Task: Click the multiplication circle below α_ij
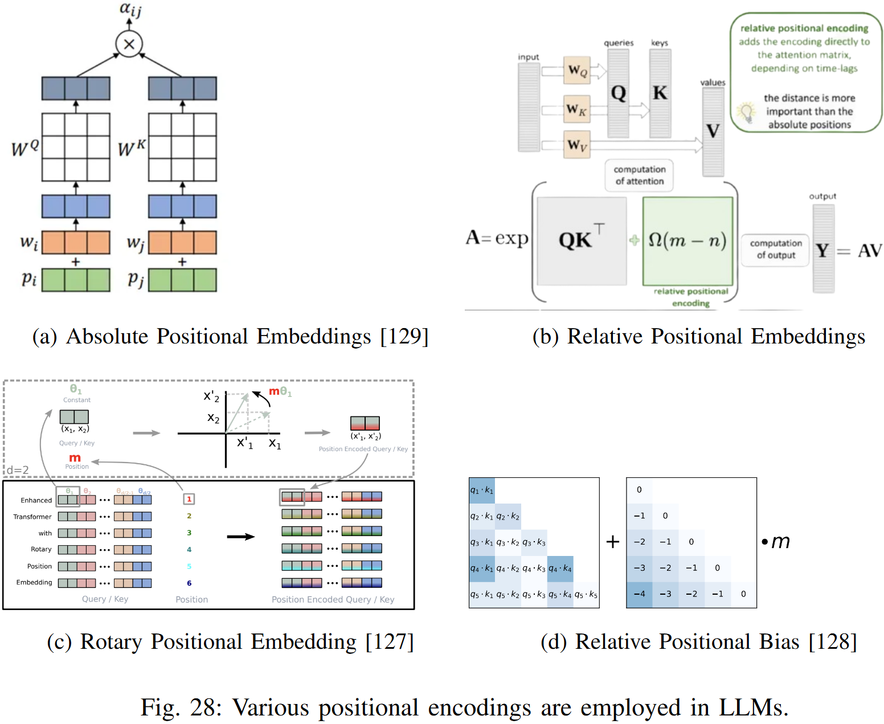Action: tap(129, 44)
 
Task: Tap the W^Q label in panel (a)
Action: tap(25, 148)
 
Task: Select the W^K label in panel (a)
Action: tap(132, 148)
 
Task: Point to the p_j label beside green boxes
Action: tap(136, 279)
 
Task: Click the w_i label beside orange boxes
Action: tap(29, 243)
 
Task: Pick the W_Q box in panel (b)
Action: tap(577, 70)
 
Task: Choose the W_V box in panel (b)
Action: tap(577, 145)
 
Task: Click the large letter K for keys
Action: tap(660, 93)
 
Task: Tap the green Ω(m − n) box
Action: tap(687, 241)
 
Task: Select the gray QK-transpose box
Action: tap(582, 241)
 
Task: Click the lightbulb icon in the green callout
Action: tap(746, 112)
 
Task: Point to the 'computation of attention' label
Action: tap(639, 175)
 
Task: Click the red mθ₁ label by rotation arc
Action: tap(280, 392)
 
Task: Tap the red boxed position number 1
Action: tap(189, 499)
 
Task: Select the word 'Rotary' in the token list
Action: tap(41, 549)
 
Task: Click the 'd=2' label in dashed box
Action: tap(18, 470)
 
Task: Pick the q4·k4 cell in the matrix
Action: tap(560, 568)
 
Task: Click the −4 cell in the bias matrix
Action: tap(639, 594)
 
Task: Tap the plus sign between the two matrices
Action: tap(613, 542)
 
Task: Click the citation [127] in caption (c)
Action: tap(390, 642)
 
